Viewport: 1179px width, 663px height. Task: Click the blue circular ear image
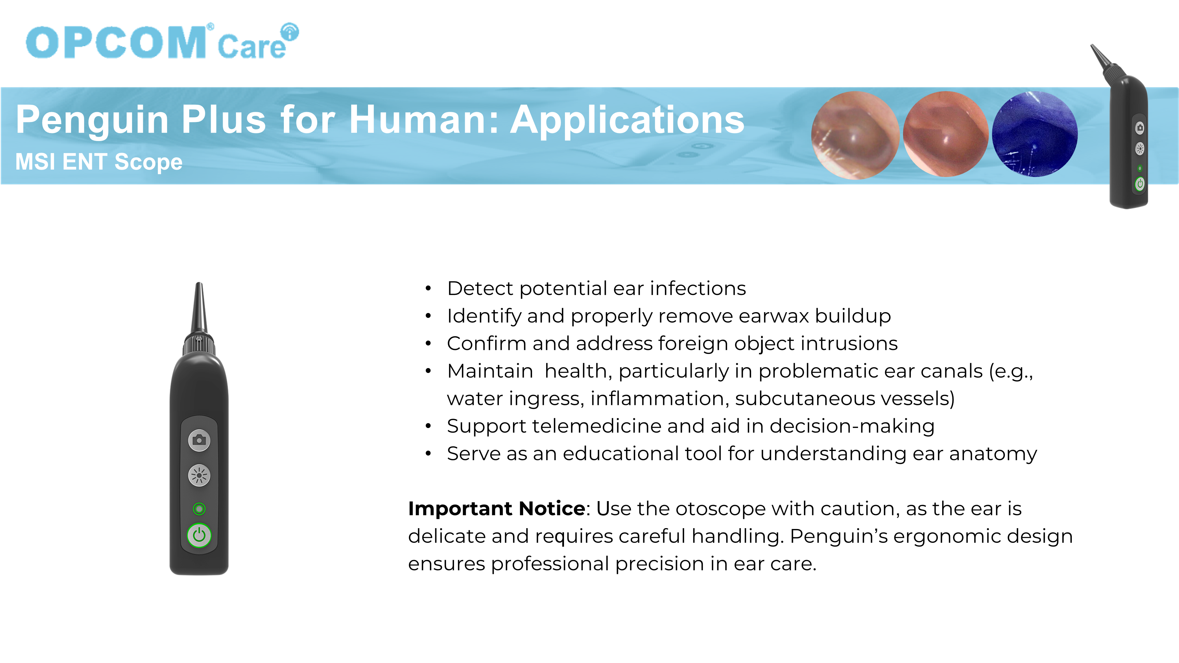pos(1035,134)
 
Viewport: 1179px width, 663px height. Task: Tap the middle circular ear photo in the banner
pos(946,134)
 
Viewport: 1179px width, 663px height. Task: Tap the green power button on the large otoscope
pos(199,535)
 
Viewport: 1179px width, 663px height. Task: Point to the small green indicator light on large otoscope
pos(199,509)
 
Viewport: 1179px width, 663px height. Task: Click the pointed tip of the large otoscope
pos(199,284)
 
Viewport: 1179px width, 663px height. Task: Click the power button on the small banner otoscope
pos(1140,184)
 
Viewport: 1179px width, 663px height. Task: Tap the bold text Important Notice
pos(497,509)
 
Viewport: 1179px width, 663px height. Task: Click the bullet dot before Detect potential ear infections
pos(429,288)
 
